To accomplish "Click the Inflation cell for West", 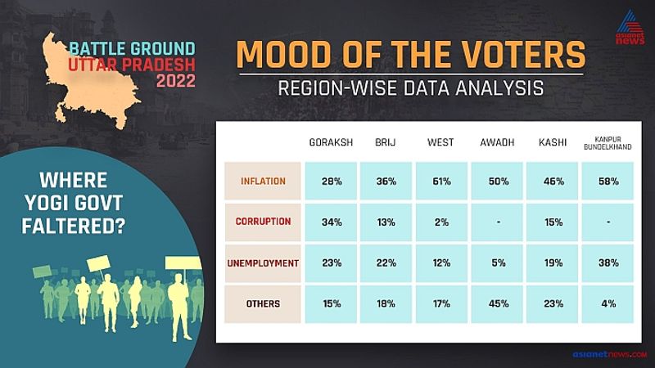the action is tap(441, 182).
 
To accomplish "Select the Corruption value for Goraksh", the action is tap(332, 222).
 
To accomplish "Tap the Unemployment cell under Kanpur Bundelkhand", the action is tap(608, 263).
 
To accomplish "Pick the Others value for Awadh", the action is tap(498, 304).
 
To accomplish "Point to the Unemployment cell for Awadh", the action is tap(498, 263).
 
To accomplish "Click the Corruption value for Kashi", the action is tap(553, 222).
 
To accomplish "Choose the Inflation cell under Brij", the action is tap(386, 182).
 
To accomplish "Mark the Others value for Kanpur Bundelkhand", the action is tap(608, 304).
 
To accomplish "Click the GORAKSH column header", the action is tap(331, 142).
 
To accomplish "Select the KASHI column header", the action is tap(553, 142).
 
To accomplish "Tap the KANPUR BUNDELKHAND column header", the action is tap(608, 143).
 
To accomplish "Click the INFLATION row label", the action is tap(263, 182).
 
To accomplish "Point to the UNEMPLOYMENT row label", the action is tap(263, 263).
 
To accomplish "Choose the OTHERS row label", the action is tap(263, 303).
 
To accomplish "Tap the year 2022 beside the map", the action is tap(176, 80).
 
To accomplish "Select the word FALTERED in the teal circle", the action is tap(74, 227).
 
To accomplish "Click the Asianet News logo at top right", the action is tap(630, 28).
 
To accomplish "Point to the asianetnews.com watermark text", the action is tap(610, 354).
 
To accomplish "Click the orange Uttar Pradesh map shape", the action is tap(90, 83).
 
